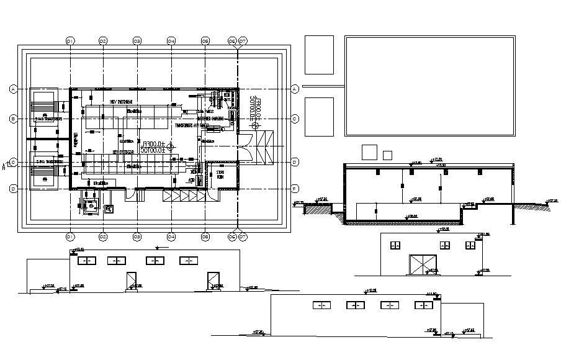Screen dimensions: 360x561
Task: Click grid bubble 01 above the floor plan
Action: [x=70, y=41]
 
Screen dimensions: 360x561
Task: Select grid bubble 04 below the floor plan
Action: [x=171, y=236]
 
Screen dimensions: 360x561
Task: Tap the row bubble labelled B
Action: [x=13, y=118]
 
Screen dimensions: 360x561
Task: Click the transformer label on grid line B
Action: [x=48, y=118]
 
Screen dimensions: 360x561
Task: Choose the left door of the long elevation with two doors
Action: [x=132, y=281]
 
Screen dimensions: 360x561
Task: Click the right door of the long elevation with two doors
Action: [x=213, y=281]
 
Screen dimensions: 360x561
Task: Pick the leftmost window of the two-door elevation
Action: [x=86, y=261]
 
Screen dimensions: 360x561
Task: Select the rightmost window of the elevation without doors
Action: [x=423, y=305]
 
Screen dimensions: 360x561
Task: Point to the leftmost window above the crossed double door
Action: [x=393, y=246]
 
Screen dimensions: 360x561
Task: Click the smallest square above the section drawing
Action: [x=388, y=155]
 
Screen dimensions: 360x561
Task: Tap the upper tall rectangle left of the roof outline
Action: [x=320, y=55]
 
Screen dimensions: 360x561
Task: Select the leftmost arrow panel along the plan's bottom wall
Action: [x=168, y=196]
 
